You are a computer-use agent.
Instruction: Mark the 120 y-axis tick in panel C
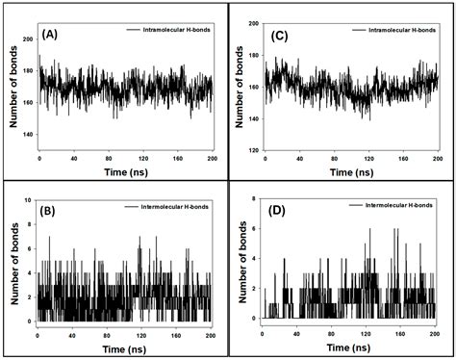click(x=251, y=149)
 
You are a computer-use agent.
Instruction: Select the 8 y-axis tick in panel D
click(x=255, y=199)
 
